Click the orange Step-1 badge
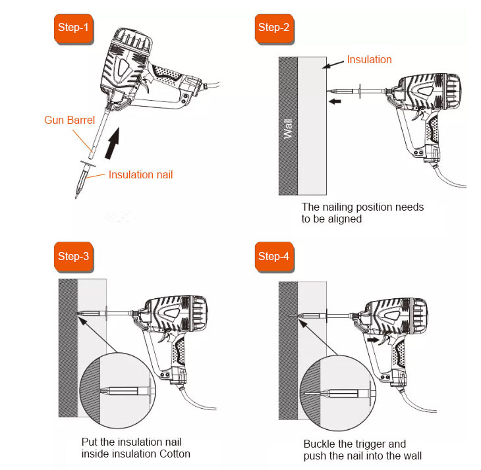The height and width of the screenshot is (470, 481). pos(74,29)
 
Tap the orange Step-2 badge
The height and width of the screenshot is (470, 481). pos(274,29)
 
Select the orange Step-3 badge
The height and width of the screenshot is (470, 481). pos(74,257)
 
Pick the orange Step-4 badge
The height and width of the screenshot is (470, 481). pos(274,257)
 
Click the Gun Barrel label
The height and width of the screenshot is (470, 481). pos(70,120)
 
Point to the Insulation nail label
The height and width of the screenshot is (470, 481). pos(141,174)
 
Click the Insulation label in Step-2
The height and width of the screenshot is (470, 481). pos(370,59)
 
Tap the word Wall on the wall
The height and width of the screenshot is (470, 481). pos(288,128)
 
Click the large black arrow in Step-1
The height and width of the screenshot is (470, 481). pos(112,144)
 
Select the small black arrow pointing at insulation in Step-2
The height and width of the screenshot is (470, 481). pos(335,101)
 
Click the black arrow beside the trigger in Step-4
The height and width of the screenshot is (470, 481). pos(374,340)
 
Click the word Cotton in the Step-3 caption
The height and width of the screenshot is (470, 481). pos(175,454)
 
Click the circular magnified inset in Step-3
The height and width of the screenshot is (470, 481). pos(118,390)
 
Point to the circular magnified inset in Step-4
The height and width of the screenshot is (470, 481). pos(338,393)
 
